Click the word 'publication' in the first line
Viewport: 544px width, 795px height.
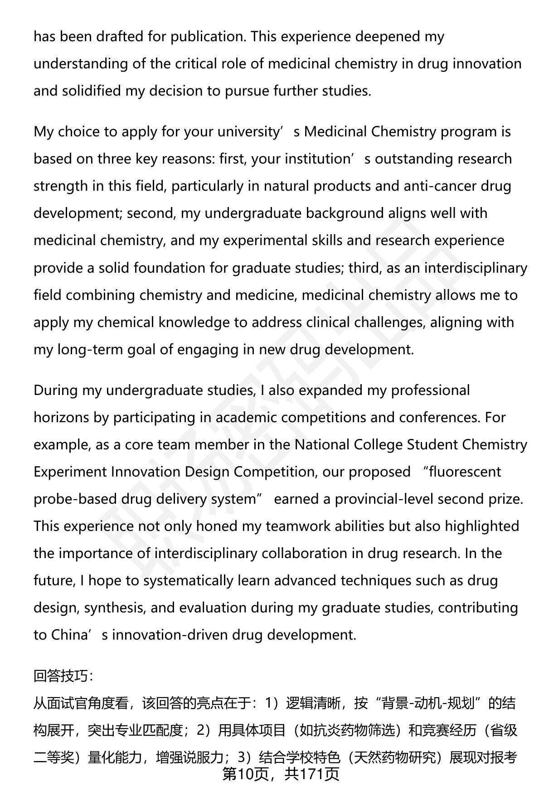tap(208, 37)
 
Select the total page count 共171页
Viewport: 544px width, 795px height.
tap(312, 774)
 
